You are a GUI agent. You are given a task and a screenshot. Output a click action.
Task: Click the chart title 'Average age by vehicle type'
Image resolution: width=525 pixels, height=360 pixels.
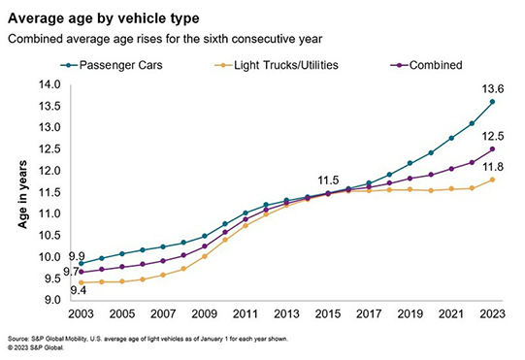pyautogui.click(x=104, y=18)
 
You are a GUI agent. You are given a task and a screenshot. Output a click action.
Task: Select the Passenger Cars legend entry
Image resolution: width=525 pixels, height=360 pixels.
pyautogui.click(x=112, y=65)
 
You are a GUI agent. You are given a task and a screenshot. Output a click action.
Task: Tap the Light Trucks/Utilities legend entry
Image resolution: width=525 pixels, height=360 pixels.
pyautogui.click(x=277, y=65)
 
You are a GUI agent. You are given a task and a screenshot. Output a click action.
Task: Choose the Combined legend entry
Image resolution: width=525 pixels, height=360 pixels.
pyautogui.click(x=426, y=65)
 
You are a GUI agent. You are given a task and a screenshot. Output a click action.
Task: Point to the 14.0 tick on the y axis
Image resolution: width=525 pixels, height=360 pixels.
pyautogui.click(x=49, y=84)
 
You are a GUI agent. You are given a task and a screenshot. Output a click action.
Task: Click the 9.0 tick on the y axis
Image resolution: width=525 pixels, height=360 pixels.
pyautogui.click(x=51, y=300)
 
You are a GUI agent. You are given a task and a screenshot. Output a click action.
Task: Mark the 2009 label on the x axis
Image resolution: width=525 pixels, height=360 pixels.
pyautogui.click(x=204, y=314)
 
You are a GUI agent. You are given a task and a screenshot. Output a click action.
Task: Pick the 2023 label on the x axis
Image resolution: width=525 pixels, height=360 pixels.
pyautogui.click(x=492, y=314)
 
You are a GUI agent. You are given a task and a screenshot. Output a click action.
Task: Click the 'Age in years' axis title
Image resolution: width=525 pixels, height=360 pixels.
pyautogui.click(x=22, y=194)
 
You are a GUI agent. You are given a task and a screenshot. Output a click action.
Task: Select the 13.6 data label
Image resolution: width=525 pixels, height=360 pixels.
pyautogui.click(x=493, y=89)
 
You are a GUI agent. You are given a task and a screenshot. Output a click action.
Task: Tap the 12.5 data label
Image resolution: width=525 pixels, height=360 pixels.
pyautogui.click(x=493, y=136)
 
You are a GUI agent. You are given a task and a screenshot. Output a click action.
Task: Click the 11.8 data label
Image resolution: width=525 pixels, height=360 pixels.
pyautogui.click(x=493, y=167)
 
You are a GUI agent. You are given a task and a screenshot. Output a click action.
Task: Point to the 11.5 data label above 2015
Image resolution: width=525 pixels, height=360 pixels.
pyautogui.click(x=328, y=180)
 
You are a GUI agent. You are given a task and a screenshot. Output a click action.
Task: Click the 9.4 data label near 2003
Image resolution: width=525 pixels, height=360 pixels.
pyautogui.click(x=79, y=290)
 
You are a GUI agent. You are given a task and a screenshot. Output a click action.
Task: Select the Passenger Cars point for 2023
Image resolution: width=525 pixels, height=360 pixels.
pyautogui.click(x=492, y=102)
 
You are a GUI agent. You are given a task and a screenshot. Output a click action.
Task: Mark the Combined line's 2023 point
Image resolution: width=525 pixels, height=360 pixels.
pyautogui.click(x=492, y=149)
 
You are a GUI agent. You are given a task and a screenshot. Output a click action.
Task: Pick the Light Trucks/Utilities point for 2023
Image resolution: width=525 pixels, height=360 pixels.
pyautogui.click(x=492, y=180)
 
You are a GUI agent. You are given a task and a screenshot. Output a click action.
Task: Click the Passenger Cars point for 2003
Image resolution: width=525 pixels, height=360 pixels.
pyautogui.click(x=81, y=264)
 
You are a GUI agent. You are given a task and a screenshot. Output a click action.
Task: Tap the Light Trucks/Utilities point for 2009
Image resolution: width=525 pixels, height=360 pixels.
pyautogui.click(x=205, y=256)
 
